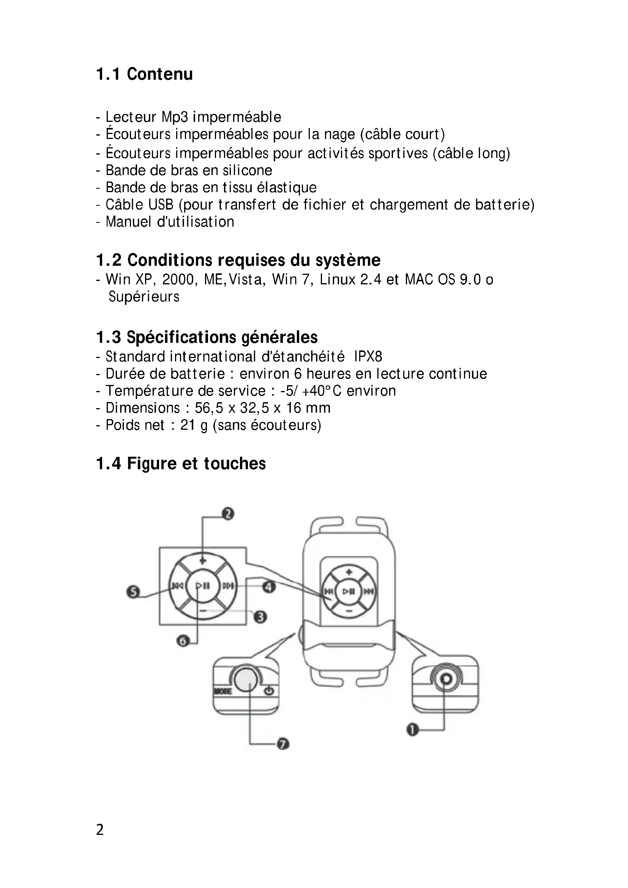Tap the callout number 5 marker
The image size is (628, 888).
click(133, 592)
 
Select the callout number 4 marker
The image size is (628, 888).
click(269, 587)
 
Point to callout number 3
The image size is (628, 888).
click(260, 617)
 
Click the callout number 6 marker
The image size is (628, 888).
click(183, 641)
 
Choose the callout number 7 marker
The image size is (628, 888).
click(284, 744)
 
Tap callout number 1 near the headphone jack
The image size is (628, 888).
click(413, 730)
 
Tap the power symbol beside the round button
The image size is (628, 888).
click(270, 691)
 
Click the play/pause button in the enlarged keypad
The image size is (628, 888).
click(203, 586)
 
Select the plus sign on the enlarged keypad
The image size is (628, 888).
click(203, 560)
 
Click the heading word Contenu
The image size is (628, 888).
click(160, 74)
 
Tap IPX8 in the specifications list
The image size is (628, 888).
click(368, 356)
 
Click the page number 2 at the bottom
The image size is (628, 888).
click(100, 830)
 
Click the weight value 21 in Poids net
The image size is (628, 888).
click(188, 425)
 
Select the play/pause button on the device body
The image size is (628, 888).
click(349, 591)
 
